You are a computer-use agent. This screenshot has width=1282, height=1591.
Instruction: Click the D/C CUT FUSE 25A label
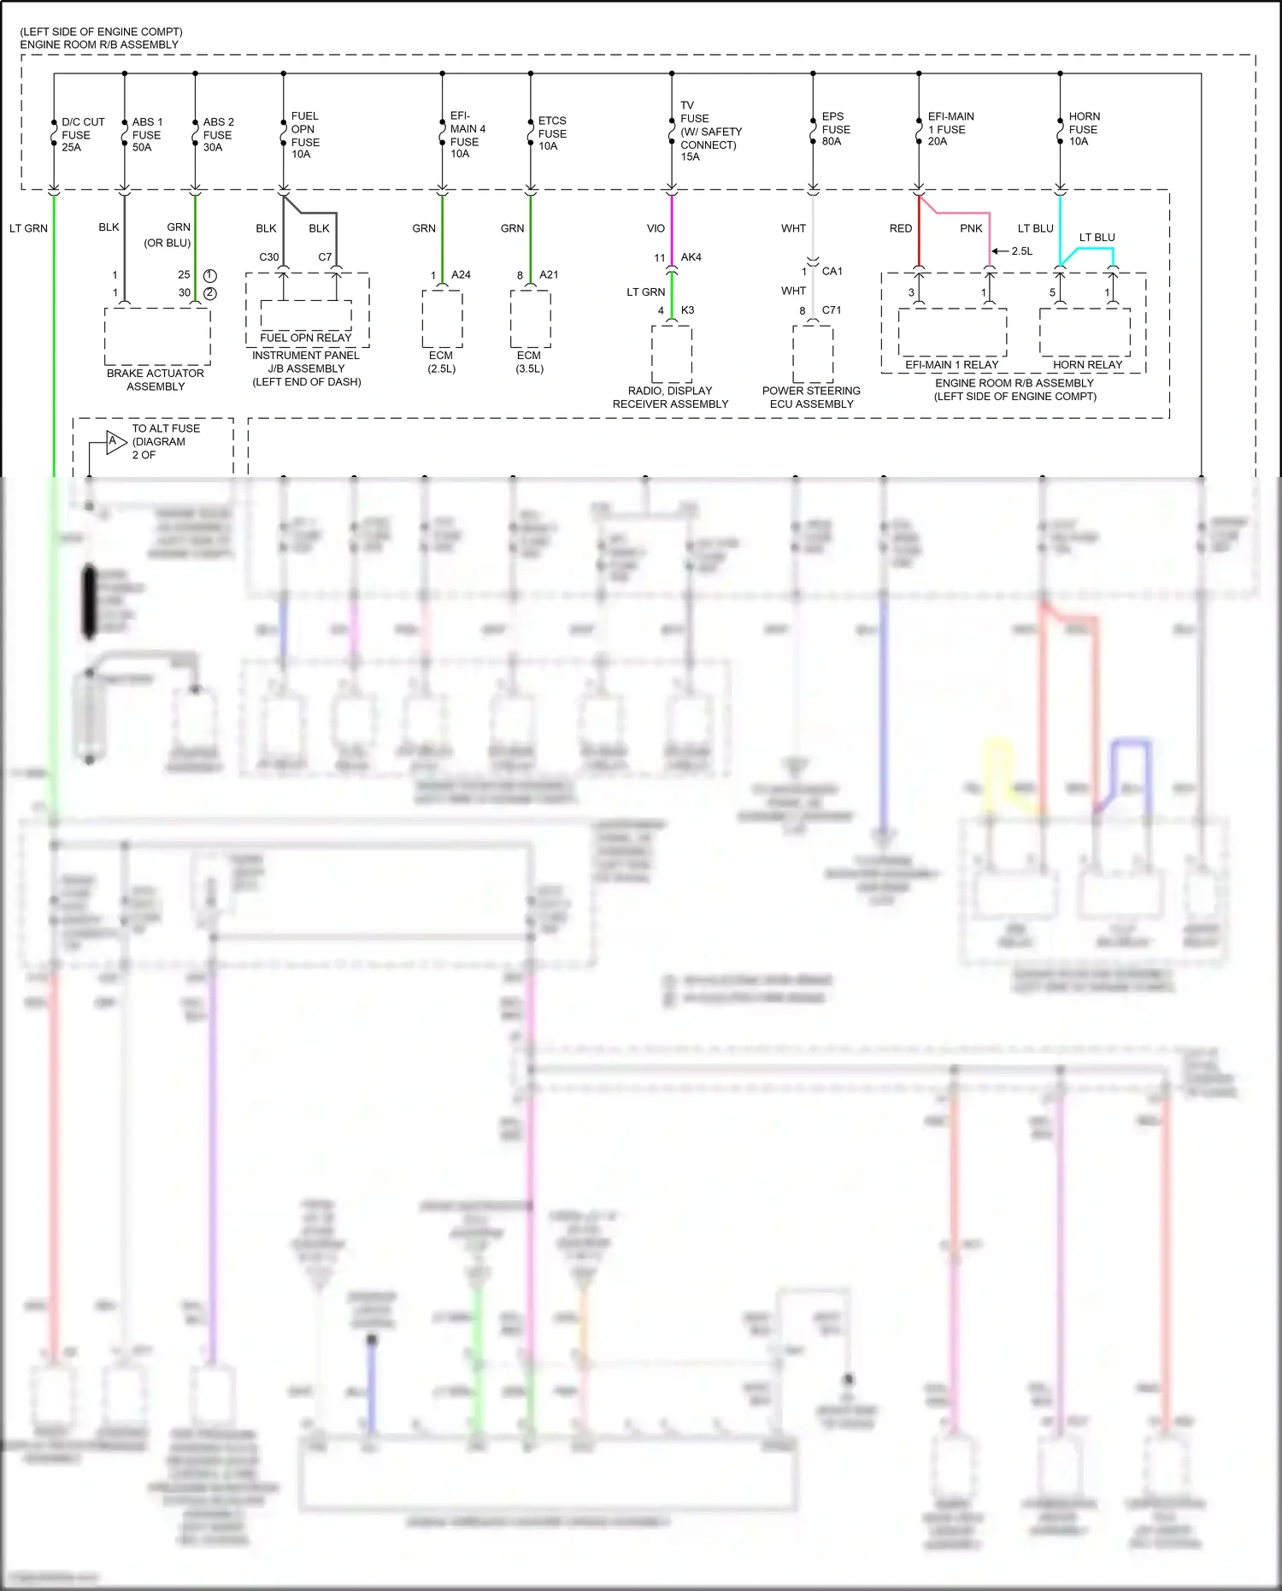click(82, 135)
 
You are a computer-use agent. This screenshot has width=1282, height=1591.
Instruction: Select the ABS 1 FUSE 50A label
click(147, 135)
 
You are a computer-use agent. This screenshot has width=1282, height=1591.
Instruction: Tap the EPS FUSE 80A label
click(835, 129)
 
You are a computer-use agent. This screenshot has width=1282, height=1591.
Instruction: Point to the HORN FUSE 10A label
click(1084, 129)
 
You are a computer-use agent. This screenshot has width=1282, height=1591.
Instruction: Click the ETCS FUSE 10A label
click(551, 133)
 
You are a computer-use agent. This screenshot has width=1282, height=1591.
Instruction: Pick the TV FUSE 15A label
click(709, 132)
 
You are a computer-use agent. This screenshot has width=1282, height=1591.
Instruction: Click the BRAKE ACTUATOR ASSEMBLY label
click(156, 380)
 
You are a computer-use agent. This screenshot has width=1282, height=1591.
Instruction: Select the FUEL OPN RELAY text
click(306, 338)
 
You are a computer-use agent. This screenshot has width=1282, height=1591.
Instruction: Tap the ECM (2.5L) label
click(441, 362)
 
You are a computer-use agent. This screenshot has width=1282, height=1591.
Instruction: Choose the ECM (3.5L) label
click(529, 362)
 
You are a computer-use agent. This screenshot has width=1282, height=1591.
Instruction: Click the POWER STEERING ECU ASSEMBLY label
click(811, 398)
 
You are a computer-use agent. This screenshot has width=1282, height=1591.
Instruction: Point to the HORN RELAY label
click(1087, 365)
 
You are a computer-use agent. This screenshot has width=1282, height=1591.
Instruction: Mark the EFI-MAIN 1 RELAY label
click(951, 365)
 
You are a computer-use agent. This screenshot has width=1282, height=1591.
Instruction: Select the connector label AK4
click(691, 257)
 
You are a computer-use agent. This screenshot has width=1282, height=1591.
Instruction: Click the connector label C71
click(831, 310)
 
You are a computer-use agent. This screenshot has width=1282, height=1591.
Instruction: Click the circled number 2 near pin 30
click(210, 293)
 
